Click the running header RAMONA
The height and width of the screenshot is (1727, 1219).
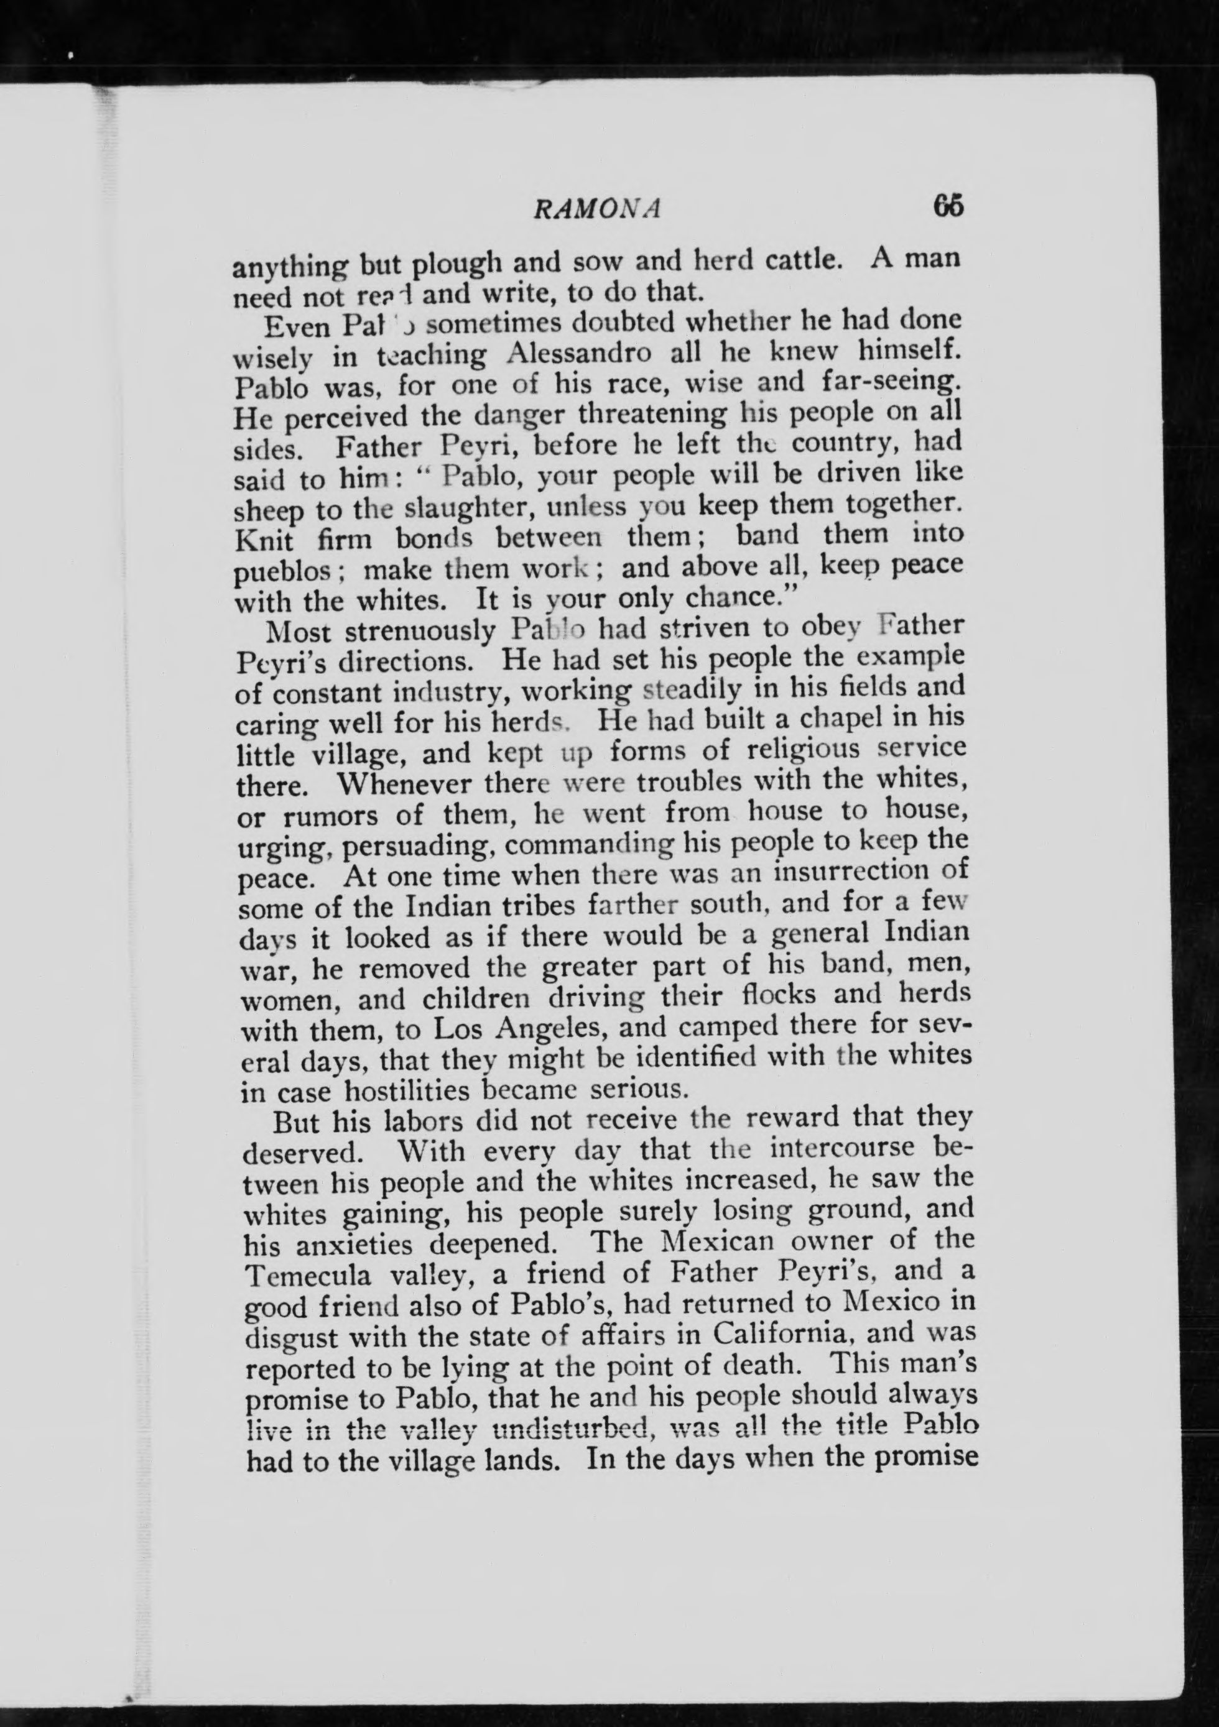596,208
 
